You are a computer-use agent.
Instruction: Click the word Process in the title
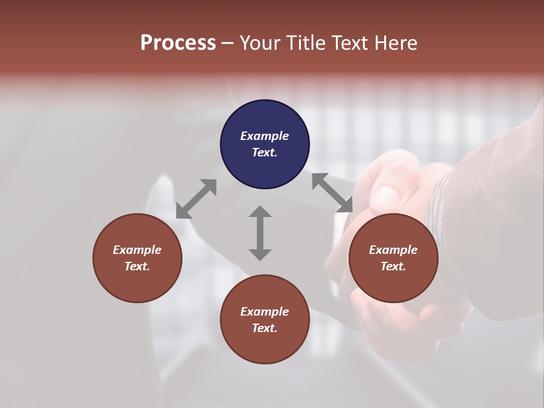(178, 43)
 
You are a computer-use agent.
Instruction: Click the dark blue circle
(265, 144)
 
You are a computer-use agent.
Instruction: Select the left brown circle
(137, 258)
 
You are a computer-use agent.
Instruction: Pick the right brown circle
(393, 258)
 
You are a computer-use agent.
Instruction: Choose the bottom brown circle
(265, 320)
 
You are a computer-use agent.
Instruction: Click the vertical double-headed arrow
(260, 233)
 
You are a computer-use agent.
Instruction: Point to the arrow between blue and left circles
(196, 199)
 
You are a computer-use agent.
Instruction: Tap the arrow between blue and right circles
(332, 193)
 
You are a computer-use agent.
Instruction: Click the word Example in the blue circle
(265, 136)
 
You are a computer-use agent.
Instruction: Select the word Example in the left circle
(137, 250)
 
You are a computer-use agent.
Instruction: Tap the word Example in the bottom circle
(265, 312)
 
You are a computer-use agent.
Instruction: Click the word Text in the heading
(347, 43)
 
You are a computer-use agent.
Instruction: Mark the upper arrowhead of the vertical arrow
(260, 212)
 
